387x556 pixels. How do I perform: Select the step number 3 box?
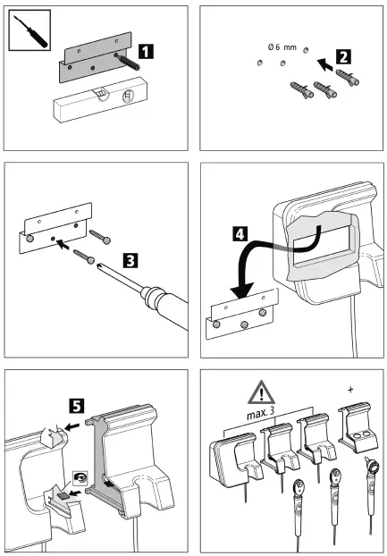(130, 262)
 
